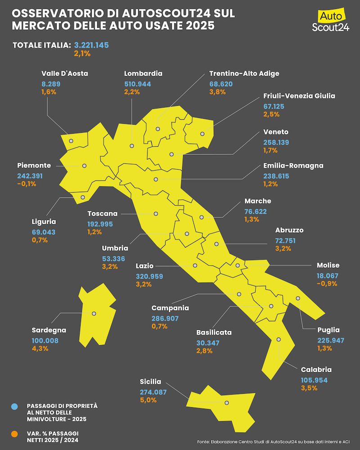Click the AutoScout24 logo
tap(331, 22)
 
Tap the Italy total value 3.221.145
tap(92, 45)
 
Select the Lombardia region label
tap(143, 73)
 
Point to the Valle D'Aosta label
tap(65, 73)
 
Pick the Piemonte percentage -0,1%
tap(27, 184)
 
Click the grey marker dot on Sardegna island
tap(94, 314)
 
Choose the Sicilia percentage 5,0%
tap(148, 400)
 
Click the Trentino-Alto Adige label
tap(244, 73)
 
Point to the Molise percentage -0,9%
tap(327, 284)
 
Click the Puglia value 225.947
tap(331, 340)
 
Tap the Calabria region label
tap(316, 370)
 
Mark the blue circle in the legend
tap(15, 407)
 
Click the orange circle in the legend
tap(15, 434)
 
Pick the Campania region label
tap(170, 308)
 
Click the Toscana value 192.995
tap(100, 224)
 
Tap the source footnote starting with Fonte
tap(273, 442)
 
